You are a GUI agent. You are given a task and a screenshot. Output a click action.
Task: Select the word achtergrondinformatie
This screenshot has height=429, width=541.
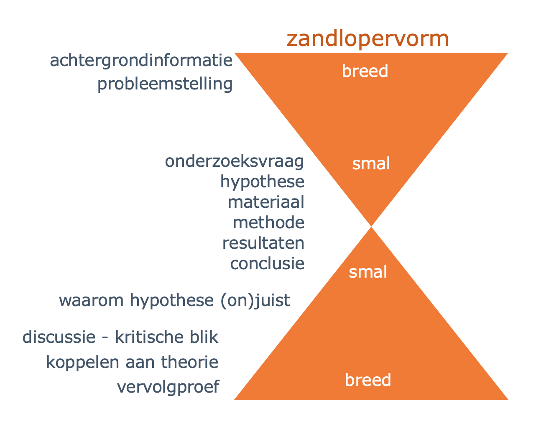[141, 61]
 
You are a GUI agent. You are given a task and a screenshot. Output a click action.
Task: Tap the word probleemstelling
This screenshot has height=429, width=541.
[165, 84]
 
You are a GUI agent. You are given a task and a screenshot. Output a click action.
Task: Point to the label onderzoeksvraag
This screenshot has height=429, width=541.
[234, 162]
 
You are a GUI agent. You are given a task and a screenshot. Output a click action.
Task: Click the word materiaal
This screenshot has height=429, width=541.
[266, 202]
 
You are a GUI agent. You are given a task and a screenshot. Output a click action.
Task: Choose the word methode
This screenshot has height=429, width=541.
[268, 222]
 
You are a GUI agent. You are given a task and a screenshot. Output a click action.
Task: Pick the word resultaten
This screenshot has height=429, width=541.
[263, 243]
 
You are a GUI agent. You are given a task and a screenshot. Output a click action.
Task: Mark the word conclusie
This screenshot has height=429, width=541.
[267, 263]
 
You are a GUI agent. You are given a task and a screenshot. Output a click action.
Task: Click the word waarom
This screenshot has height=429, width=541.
[91, 301]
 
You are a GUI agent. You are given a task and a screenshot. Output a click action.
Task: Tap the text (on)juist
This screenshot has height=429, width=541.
[255, 301]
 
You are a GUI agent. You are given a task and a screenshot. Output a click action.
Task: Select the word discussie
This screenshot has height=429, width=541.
[59, 337]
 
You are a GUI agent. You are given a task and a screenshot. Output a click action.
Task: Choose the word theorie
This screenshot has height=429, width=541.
[190, 362]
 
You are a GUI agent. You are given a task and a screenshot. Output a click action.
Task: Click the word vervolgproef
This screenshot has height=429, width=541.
[168, 388]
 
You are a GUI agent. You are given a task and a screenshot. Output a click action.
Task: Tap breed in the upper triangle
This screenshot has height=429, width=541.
[365, 71]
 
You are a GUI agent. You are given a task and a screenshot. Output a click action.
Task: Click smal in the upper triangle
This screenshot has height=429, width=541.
[371, 163]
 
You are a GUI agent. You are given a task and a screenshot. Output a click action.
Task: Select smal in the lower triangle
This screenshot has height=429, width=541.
[368, 272]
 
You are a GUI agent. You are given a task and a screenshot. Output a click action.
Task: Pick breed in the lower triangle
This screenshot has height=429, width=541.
[368, 380]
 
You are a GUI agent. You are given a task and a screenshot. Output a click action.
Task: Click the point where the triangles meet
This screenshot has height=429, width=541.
[371, 226]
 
